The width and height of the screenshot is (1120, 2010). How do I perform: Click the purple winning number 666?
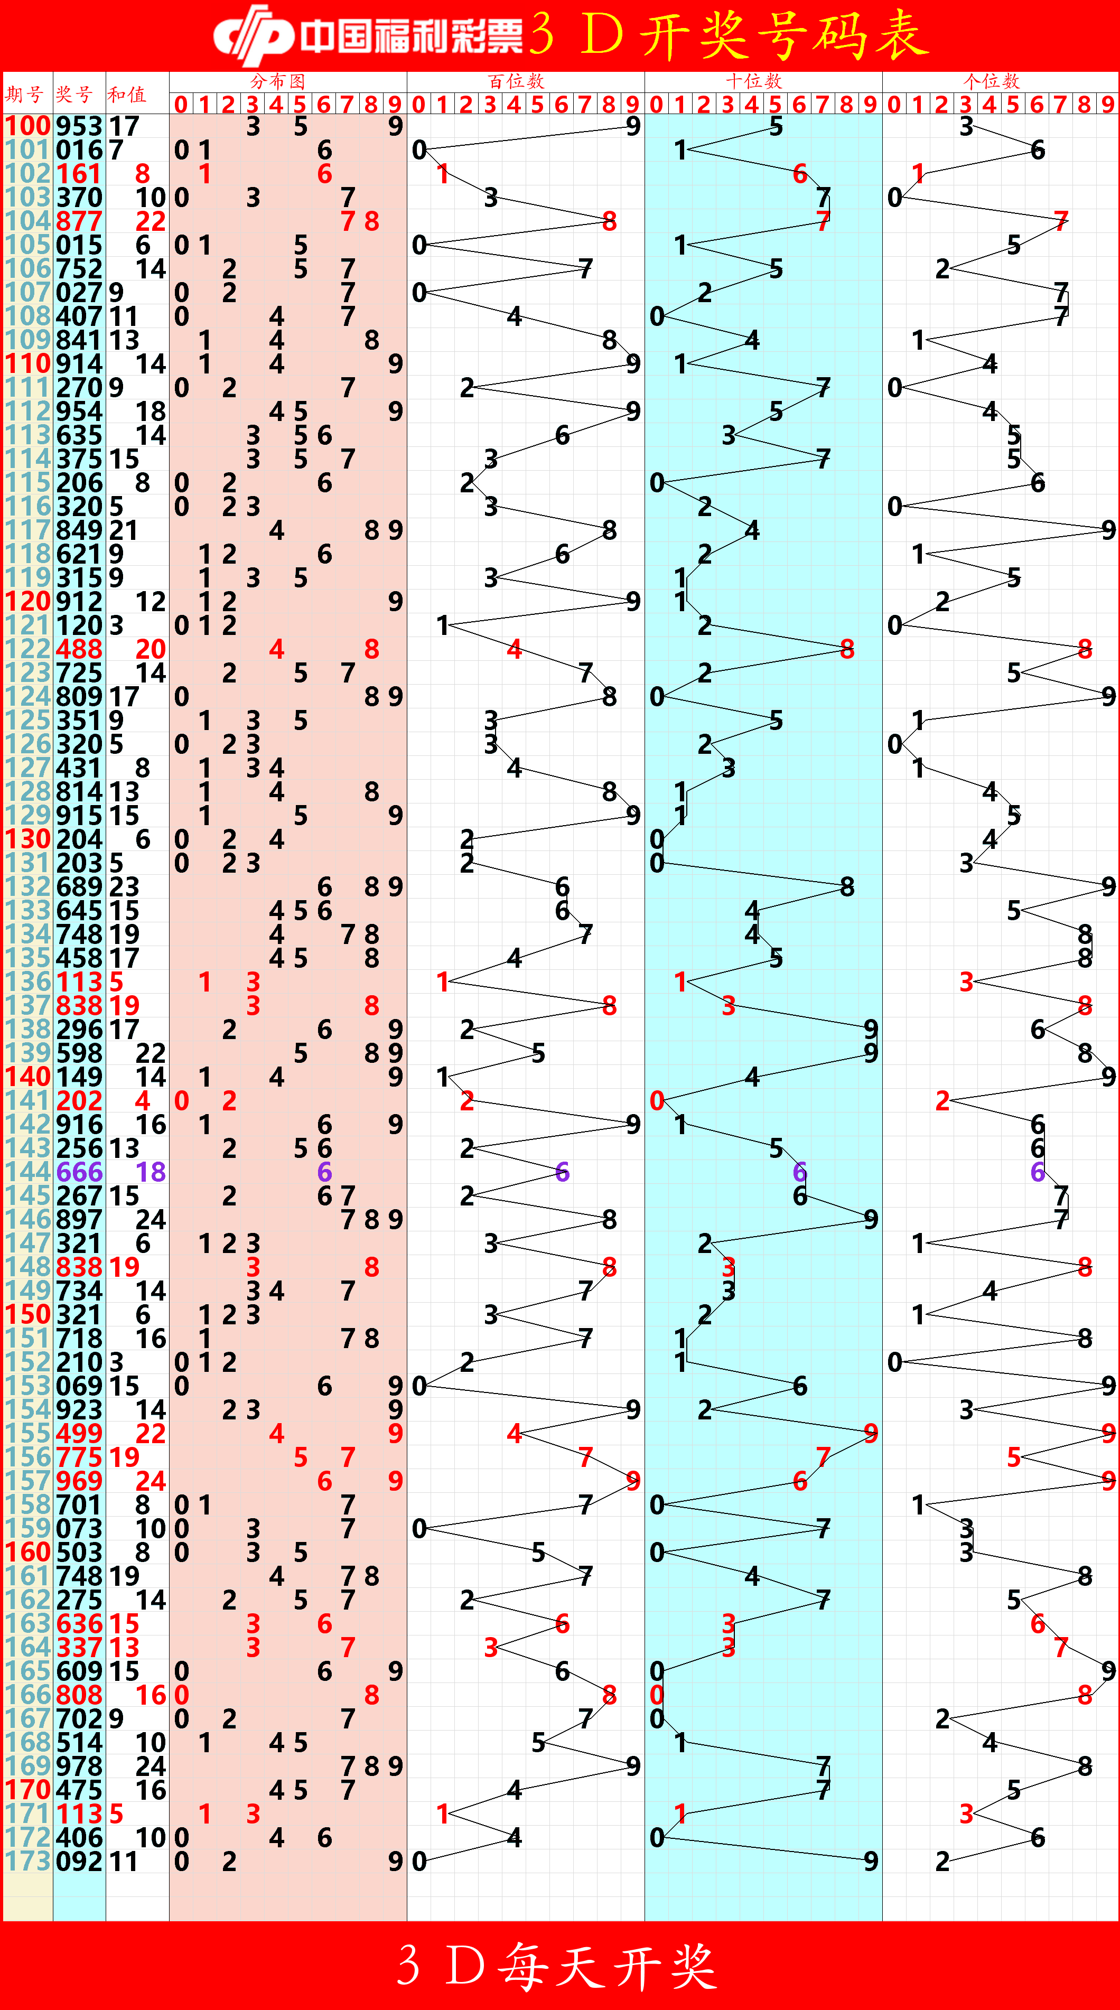[x=79, y=1172]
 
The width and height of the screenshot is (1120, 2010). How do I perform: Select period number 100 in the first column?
[x=27, y=126]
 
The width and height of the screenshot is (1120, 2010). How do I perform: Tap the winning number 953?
[x=79, y=126]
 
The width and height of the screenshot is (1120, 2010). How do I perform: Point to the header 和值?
[x=126, y=95]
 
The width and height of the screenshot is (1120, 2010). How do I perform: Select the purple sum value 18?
[x=151, y=1172]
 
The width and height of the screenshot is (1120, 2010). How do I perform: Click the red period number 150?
[x=27, y=1315]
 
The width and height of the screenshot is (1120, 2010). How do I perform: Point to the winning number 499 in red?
[x=79, y=1433]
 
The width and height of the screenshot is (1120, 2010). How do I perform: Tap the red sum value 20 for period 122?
[x=151, y=649]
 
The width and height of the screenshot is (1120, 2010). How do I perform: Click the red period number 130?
[x=27, y=839]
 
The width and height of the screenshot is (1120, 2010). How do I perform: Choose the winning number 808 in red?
[x=79, y=1695]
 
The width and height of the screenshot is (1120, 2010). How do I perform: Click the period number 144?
[x=27, y=1172]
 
